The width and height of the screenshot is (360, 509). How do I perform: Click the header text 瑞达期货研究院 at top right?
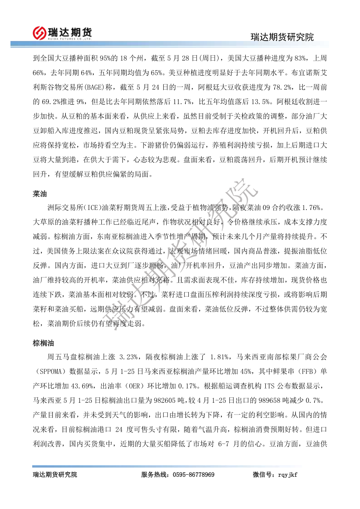point(282,37)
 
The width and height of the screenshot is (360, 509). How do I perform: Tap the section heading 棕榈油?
point(44,343)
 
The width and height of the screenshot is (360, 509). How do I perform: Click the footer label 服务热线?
point(153,475)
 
